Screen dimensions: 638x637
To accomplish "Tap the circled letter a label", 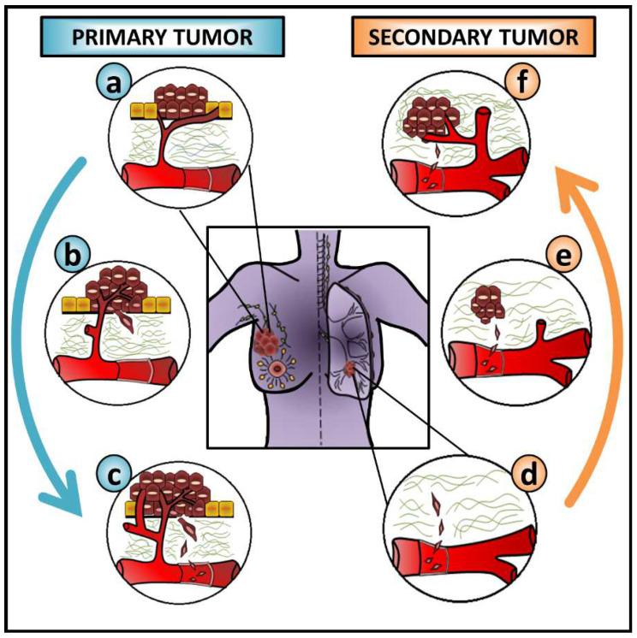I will [110, 84].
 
